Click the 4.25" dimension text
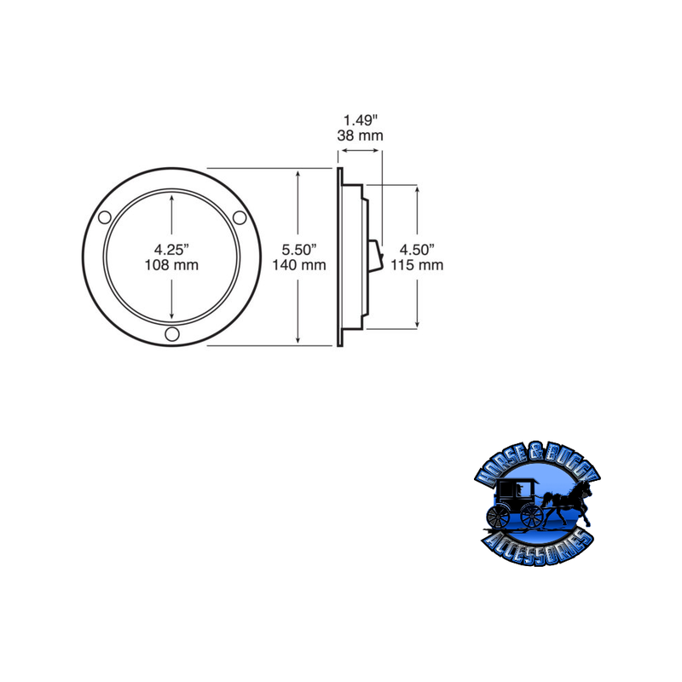[171, 249]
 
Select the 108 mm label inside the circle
[171, 265]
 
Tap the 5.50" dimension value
[299, 249]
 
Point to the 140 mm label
[299, 265]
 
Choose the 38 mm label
[361, 136]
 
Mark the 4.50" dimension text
[418, 249]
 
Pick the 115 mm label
[418, 265]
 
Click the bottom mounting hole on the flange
[172, 335]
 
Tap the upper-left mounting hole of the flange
[104, 218]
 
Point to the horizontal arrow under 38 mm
[361, 152]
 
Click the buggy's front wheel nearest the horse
[531, 515]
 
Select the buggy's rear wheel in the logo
[497, 516]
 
